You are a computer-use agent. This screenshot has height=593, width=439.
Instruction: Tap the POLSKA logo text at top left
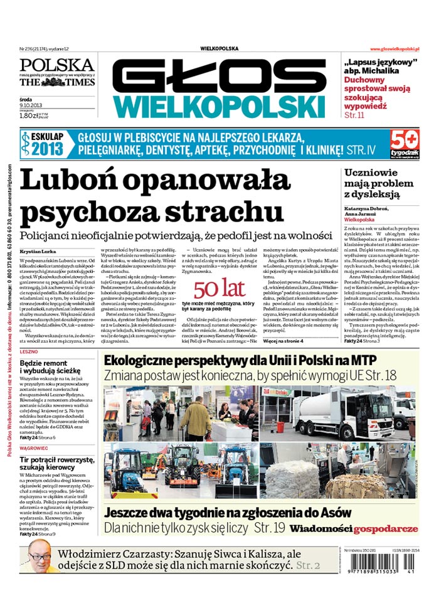tap(56, 65)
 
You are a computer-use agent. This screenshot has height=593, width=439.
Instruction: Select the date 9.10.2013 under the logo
tap(31, 105)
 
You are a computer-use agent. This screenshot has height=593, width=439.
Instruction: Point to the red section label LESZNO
tap(29, 353)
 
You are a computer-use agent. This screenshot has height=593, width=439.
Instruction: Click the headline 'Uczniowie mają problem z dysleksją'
tap(381, 183)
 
